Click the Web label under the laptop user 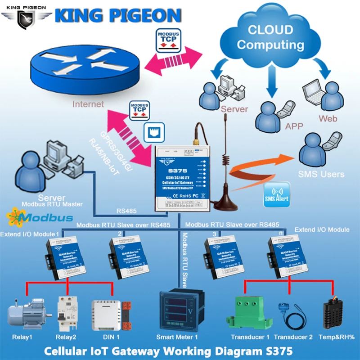click(328, 119)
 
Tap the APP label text click(294, 126)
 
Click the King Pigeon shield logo click(27, 18)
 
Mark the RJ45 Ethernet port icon click(152, 132)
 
